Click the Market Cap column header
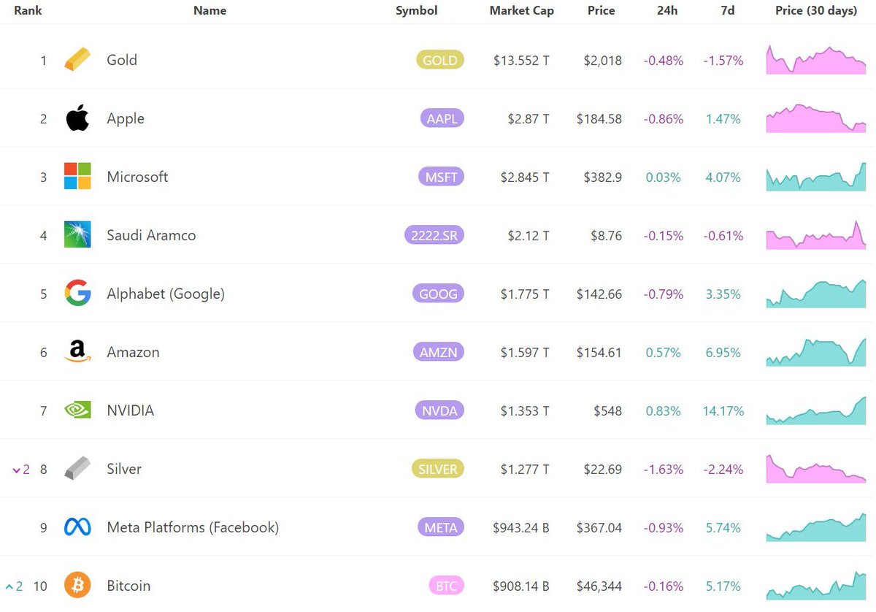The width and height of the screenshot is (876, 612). [x=522, y=10]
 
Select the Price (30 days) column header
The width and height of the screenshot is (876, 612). [x=816, y=10]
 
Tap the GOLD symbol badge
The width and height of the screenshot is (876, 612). [x=440, y=60]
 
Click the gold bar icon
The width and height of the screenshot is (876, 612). [x=77, y=59]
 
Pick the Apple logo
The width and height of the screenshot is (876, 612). [x=77, y=118]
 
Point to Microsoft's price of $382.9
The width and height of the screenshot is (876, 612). [x=603, y=177]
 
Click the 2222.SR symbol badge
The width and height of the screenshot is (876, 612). [x=434, y=235]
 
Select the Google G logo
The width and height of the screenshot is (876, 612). [x=78, y=292]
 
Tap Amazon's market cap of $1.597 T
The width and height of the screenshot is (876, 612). [x=525, y=353]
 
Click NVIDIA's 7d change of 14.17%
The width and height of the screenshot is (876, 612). [x=723, y=411]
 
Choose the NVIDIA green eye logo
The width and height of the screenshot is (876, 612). [x=77, y=410]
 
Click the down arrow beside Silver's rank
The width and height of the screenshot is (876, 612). [x=16, y=470]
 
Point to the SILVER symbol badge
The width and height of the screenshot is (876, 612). [x=437, y=469]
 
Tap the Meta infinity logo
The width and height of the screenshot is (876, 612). [x=77, y=527]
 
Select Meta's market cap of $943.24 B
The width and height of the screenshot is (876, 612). [x=521, y=528]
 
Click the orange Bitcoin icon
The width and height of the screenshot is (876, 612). [x=77, y=585]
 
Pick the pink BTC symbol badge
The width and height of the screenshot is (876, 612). [x=446, y=586]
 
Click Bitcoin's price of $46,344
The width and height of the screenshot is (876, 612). [x=599, y=586]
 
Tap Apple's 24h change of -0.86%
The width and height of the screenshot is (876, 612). [x=664, y=119]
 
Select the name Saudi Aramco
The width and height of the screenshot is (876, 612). [x=151, y=235]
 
